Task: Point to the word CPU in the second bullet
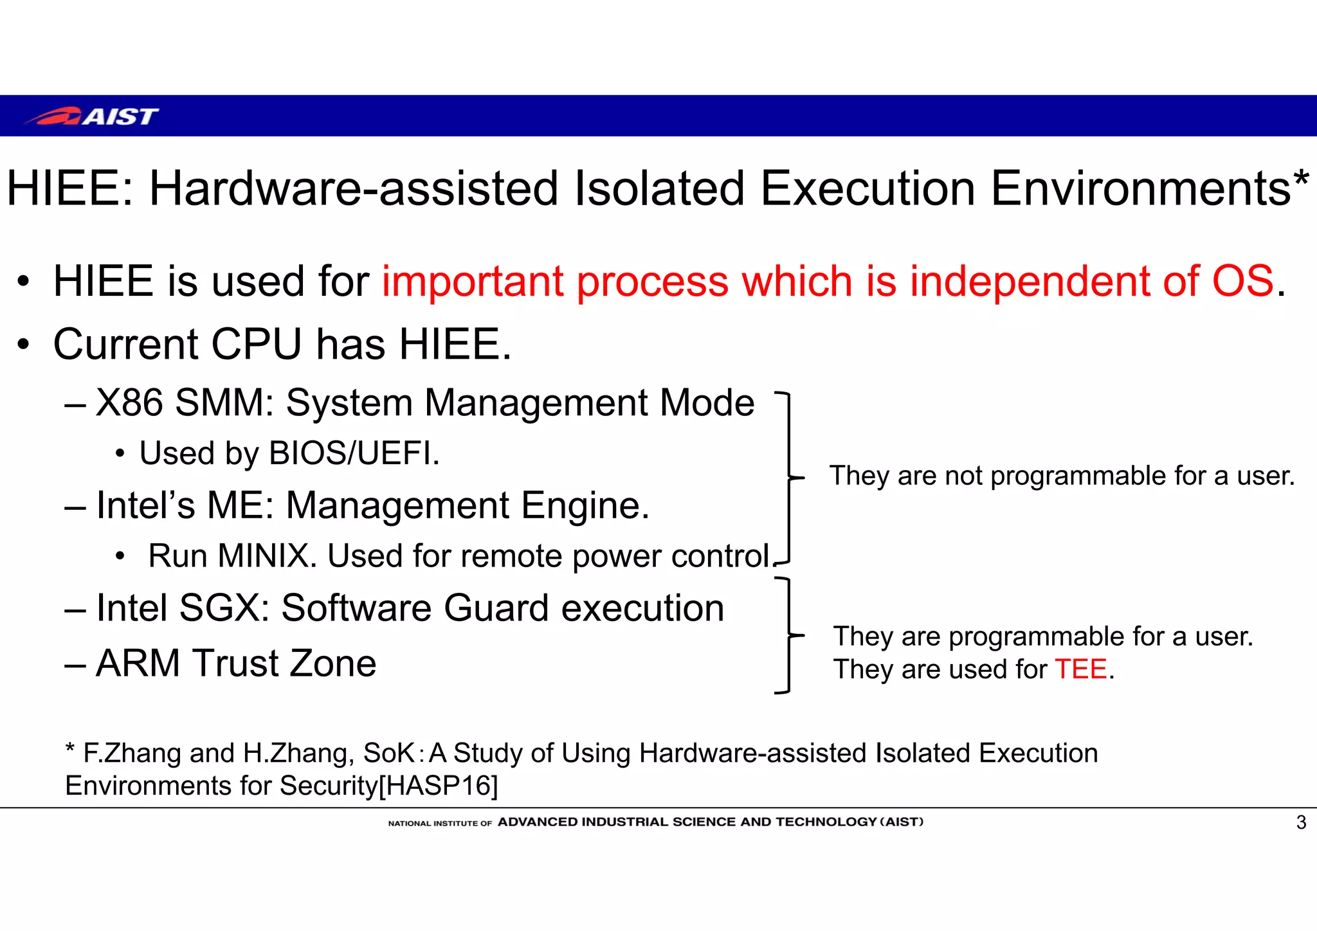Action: [x=256, y=344]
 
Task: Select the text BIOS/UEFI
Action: [x=354, y=453]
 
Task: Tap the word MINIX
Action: [x=264, y=556]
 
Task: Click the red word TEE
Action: [x=1081, y=669]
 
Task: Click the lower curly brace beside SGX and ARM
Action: [x=790, y=635]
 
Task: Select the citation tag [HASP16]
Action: [x=438, y=786]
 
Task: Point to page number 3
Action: [x=1301, y=822]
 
